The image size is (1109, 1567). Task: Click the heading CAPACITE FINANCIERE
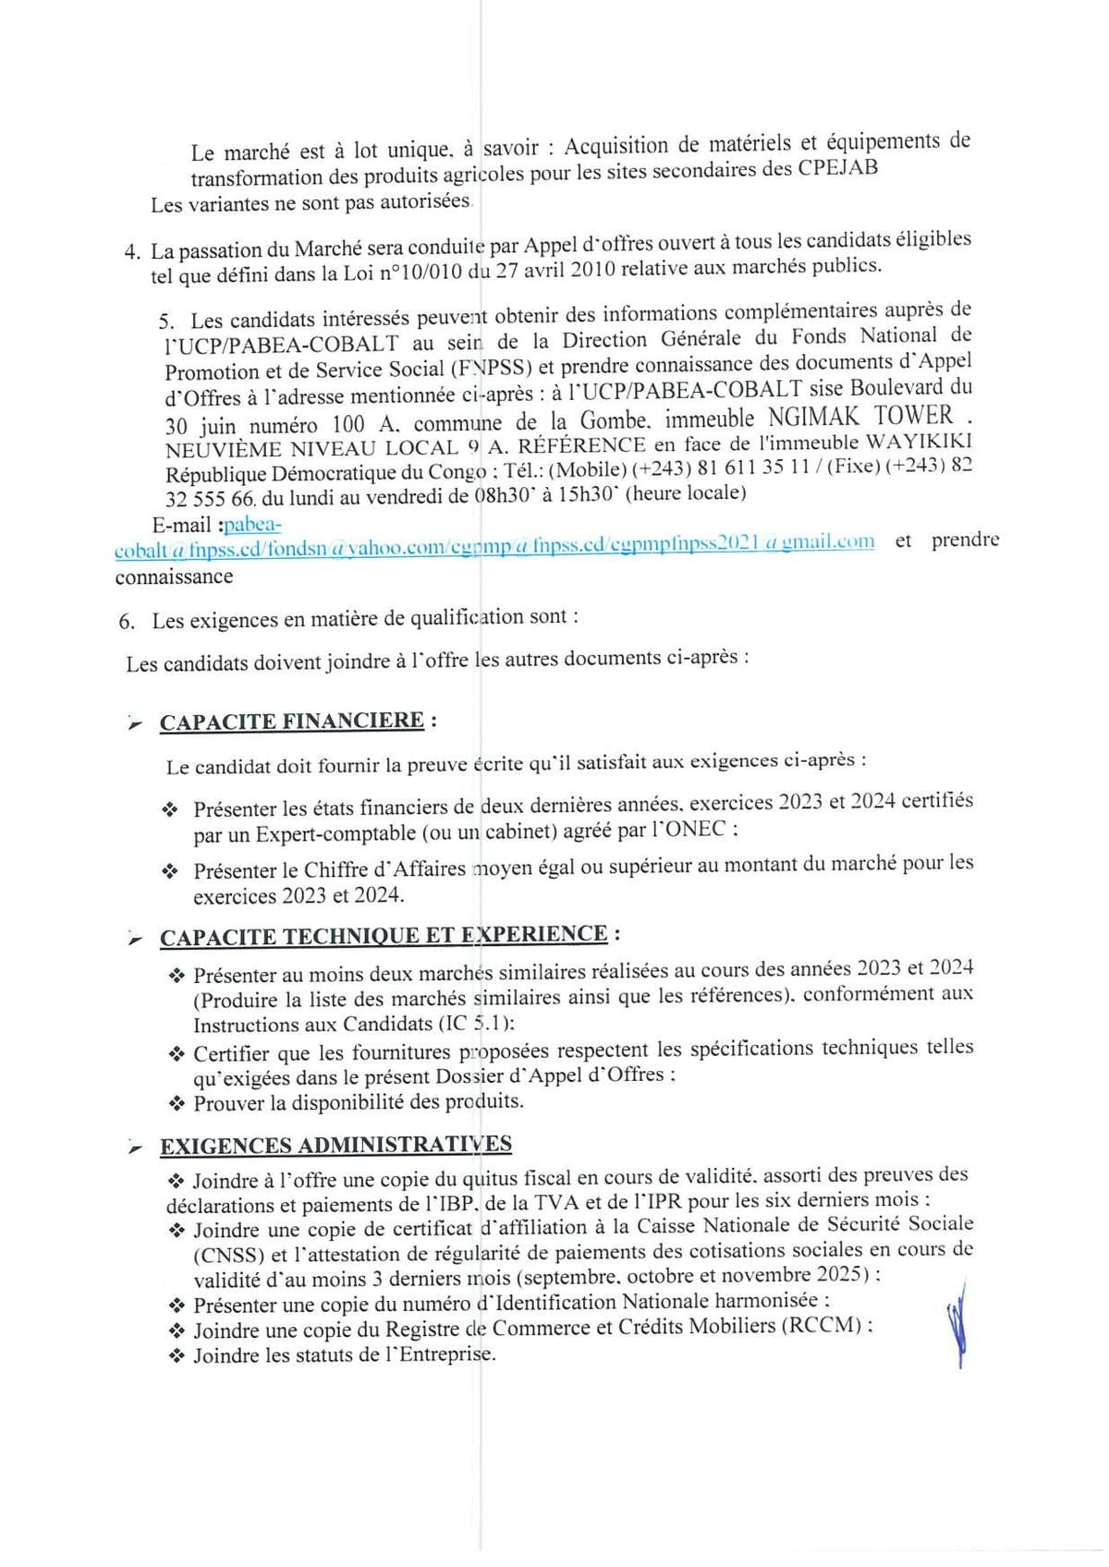pos(292,722)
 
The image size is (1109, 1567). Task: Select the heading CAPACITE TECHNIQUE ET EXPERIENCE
pos(384,936)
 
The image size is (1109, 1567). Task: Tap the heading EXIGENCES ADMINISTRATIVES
pos(335,1146)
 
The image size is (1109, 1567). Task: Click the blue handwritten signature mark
pos(957,1323)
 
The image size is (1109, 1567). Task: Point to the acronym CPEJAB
pos(841,168)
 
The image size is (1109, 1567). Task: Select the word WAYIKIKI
pos(917,443)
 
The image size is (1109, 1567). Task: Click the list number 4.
pos(132,251)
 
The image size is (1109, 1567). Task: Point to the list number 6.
pos(127,622)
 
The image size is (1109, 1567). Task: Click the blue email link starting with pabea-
pos(252,525)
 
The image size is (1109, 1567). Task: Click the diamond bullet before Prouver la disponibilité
pos(177,1103)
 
